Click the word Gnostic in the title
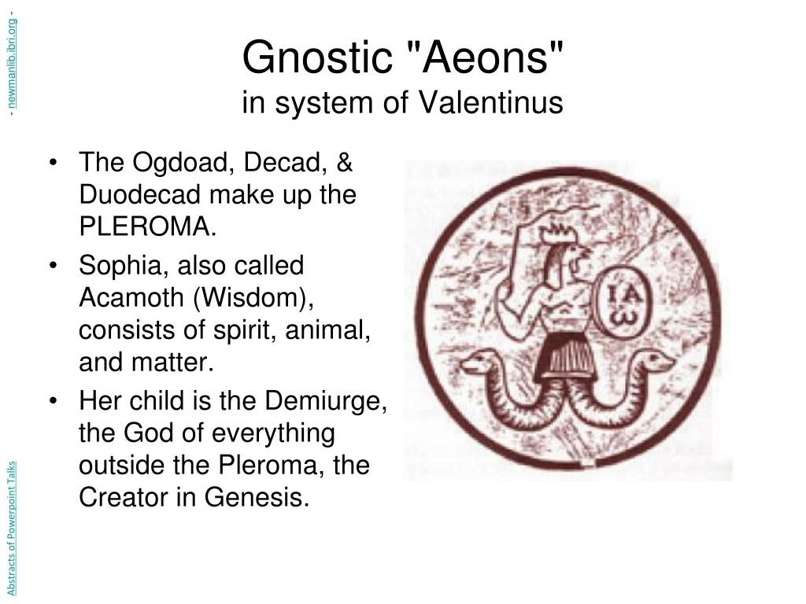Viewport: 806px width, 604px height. pyautogui.click(x=317, y=57)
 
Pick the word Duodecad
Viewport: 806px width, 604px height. pyautogui.click(x=139, y=194)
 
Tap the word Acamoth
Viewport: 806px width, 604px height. pyautogui.click(x=132, y=297)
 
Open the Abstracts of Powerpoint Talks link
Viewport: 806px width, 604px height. pyautogui.click(x=12, y=528)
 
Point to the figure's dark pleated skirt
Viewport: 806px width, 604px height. pyautogui.click(x=564, y=357)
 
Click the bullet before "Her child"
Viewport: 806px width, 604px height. pyautogui.click(x=53, y=400)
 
